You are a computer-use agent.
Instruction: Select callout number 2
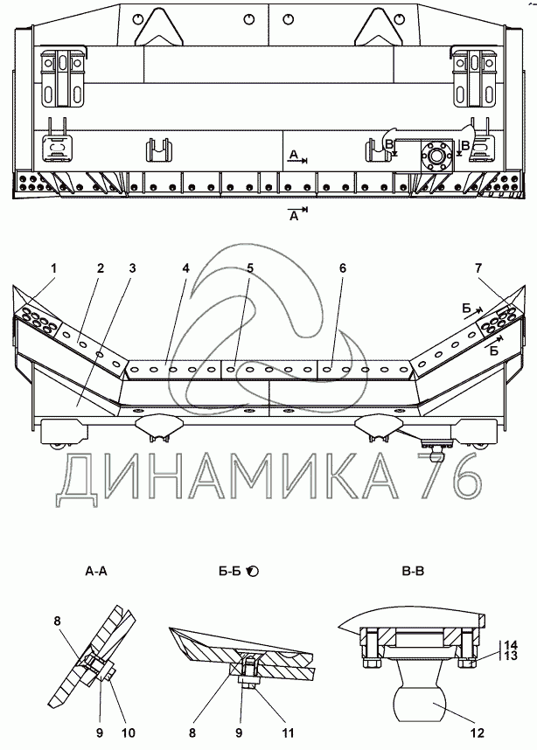click(x=101, y=267)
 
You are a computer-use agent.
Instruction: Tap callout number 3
click(x=131, y=267)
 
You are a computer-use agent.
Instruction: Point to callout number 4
click(x=185, y=267)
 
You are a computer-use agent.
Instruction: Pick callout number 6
click(x=343, y=267)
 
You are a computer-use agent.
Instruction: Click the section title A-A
click(x=96, y=571)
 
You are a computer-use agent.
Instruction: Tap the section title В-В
click(x=412, y=571)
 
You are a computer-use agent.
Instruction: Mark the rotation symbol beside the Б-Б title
click(x=254, y=571)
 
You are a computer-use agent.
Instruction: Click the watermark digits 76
click(x=456, y=478)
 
